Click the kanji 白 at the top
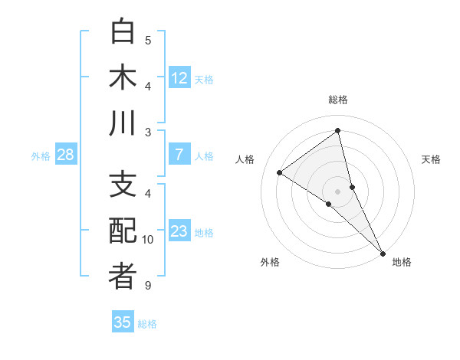click(x=123, y=31)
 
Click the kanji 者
click(x=123, y=277)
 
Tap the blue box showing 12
click(x=179, y=77)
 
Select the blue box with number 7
click(x=179, y=155)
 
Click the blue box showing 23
click(x=179, y=231)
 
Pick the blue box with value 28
click(x=66, y=155)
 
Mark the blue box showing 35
click(x=123, y=322)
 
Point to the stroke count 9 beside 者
click(x=148, y=286)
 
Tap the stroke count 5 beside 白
click(x=148, y=41)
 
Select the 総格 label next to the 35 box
click(x=148, y=324)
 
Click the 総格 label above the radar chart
click(x=337, y=100)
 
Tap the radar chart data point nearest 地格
click(x=383, y=253)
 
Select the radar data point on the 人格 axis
click(x=280, y=172)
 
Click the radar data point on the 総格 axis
click(x=337, y=130)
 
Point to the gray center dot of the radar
click(x=337, y=191)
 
